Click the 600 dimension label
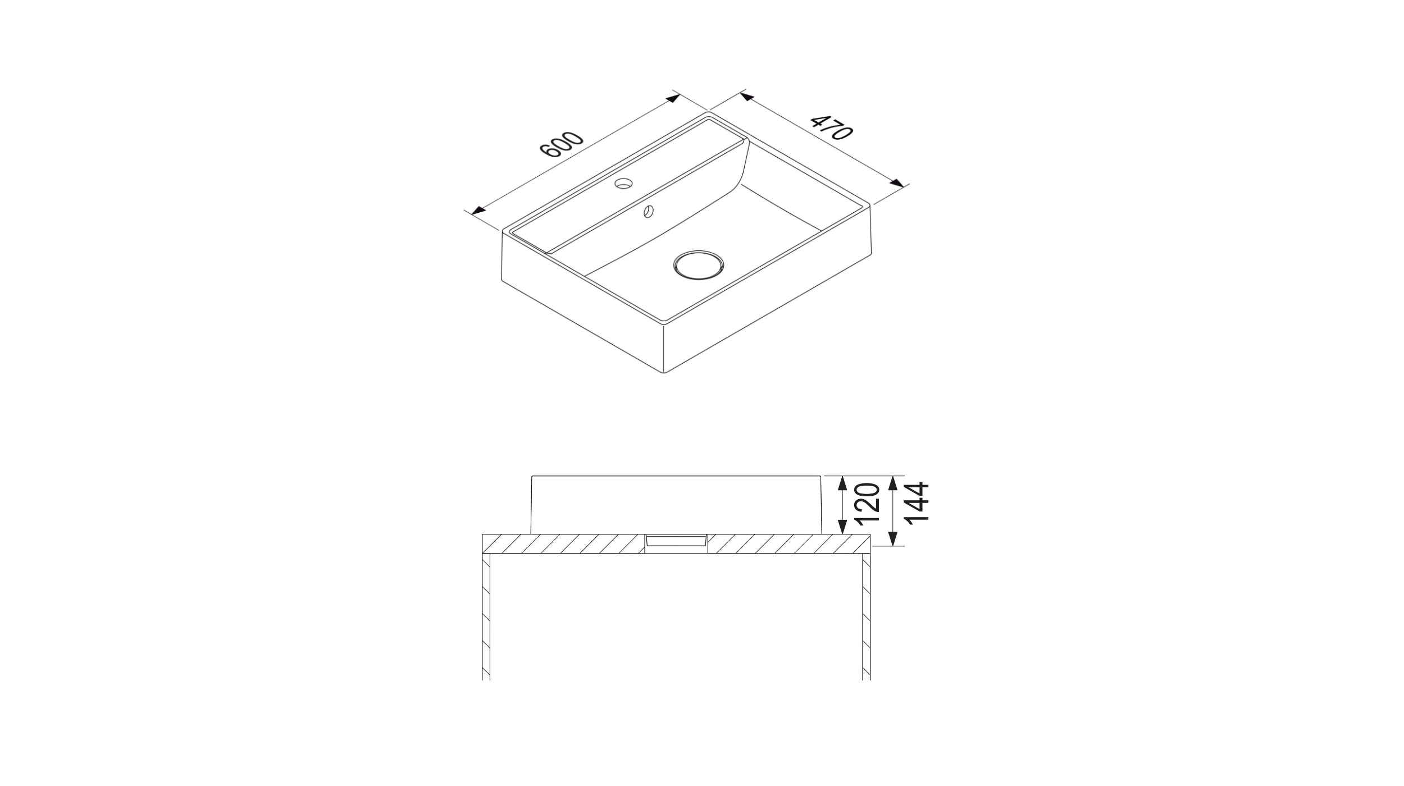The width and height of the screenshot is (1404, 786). tap(562, 146)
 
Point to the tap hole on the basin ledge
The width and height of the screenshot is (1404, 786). tap(623, 183)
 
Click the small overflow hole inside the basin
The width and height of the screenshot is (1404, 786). tap(649, 211)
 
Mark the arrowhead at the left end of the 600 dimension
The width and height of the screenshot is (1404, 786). tap(478, 211)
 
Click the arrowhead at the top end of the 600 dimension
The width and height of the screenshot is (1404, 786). tap(672, 99)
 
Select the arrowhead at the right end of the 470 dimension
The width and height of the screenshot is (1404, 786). tap(897, 183)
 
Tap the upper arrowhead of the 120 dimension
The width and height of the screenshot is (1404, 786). tap(842, 483)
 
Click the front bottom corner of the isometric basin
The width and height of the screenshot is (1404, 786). tap(664, 372)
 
